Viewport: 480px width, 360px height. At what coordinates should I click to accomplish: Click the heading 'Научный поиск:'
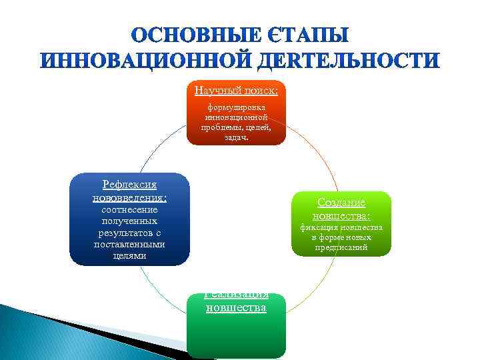click(x=236, y=90)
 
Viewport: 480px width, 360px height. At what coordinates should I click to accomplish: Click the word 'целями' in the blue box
click(x=129, y=256)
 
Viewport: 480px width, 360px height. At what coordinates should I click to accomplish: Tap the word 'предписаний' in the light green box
click(x=341, y=247)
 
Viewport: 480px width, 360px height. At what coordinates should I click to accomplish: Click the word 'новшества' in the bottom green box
click(x=236, y=307)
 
